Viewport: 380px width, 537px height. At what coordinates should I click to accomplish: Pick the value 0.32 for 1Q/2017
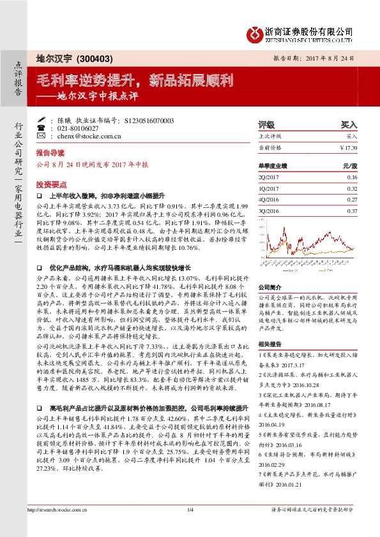pos(352,189)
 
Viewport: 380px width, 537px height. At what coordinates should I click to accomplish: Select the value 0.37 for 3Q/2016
pos(352,210)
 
